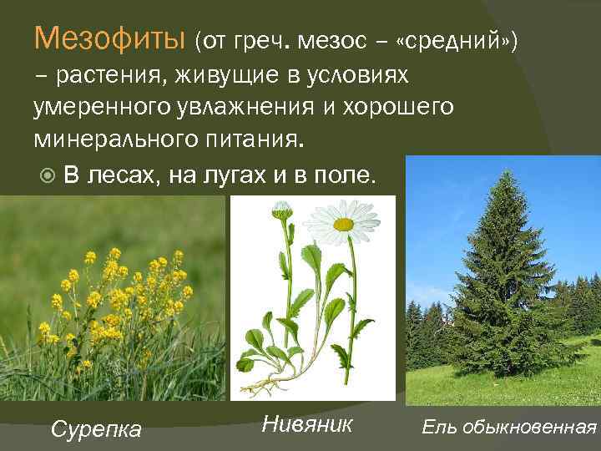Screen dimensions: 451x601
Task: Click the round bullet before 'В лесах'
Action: point(48,175)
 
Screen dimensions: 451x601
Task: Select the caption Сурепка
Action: point(96,429)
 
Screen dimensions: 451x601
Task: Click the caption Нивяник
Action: point(306,423)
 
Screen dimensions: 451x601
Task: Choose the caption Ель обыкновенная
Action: point(509,428)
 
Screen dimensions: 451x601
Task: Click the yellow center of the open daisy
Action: point(343,224)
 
